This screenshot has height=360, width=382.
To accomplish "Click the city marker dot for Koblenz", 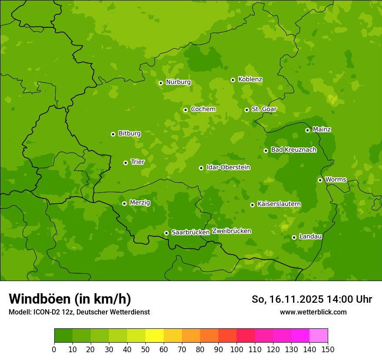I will point(233,80).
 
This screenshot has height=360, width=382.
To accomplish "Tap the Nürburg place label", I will point(178,82).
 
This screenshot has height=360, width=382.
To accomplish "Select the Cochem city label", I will point(203,109).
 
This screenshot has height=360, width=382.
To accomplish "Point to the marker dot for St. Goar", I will point(247,110).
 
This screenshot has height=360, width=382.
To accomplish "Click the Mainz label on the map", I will point(322,129).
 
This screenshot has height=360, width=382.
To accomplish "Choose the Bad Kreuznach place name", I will point(293,150).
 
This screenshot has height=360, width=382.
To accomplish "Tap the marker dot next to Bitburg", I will point(113,134).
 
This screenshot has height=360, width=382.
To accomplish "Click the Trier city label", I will point(137,162).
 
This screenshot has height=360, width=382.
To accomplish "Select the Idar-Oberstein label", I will point(228,167).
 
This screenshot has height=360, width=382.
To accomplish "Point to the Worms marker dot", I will point(320,180).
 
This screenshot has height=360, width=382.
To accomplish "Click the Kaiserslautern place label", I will point(279,204).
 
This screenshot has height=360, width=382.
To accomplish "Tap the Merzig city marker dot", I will point(124,203).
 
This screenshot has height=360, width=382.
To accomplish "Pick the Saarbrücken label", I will point(191,232).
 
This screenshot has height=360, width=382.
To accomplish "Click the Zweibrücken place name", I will point(231,231).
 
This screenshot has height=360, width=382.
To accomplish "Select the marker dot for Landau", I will point(294,237).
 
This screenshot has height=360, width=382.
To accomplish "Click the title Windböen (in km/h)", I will point(69,299).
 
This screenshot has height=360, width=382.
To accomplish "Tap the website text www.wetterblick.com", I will point(313,312).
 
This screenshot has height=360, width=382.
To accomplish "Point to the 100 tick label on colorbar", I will point(237,349).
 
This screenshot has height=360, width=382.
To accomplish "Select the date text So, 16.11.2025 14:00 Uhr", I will point(312,299).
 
